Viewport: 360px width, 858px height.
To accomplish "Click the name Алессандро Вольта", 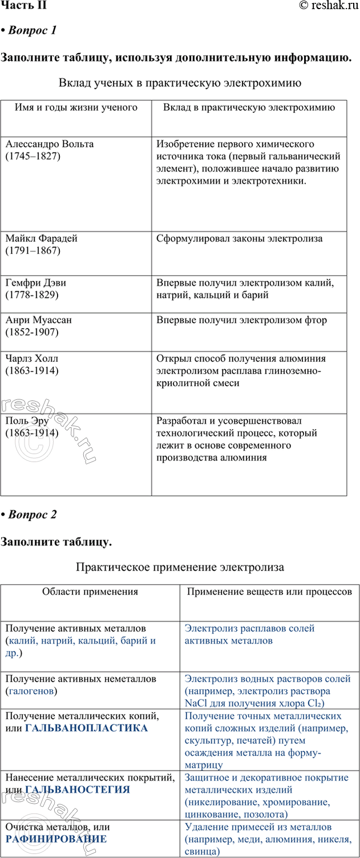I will (49, 144).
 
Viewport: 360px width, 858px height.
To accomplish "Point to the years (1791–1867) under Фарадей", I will (33, 250).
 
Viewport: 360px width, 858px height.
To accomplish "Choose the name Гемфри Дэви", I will (39, 283).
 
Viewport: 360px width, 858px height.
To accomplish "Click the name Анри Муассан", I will (38, 320).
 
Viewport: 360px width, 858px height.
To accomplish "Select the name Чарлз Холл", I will (31, 359).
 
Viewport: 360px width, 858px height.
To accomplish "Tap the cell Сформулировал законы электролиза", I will (239, 238).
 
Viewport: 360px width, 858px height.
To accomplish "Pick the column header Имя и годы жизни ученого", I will (76, 107).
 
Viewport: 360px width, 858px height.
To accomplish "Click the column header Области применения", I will (90, 592).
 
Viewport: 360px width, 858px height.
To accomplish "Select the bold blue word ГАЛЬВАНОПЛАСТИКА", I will (87, 728).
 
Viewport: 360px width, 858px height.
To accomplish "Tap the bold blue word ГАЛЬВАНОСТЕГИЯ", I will (78, 790).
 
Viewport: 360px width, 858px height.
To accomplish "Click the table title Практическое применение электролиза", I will (180, 567).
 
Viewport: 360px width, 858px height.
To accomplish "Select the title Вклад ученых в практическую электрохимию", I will (180, 83).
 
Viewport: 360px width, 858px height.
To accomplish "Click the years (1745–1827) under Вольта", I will (33, 155).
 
